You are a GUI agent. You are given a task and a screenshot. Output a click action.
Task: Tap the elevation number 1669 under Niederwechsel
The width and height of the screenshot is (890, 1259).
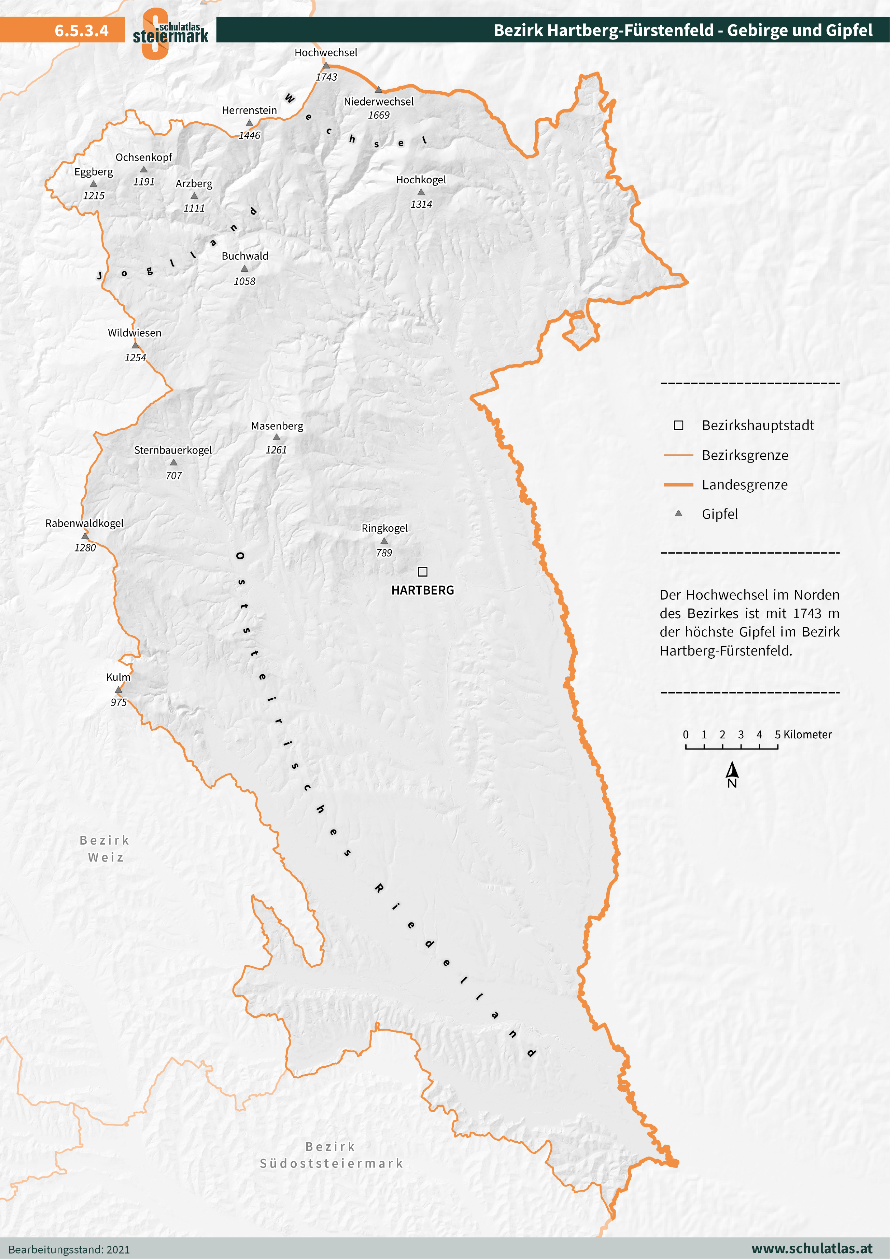(x=378, y=115)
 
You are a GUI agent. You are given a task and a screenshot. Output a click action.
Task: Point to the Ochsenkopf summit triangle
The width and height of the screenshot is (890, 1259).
(x=144, y=169)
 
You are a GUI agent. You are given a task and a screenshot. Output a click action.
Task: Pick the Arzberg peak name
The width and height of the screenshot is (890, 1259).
(x=194, y=184)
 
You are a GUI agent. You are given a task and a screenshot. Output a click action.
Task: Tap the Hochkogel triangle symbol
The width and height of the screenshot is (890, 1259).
(x=421, y=192)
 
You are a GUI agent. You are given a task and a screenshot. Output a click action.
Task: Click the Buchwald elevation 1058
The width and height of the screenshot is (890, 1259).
(x=245, y=281)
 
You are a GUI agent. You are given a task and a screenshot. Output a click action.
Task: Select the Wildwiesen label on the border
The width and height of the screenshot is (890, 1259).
(x=135, y=333)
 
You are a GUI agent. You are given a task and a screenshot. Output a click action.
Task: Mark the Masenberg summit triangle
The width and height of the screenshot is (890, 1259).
(x=276, y=437)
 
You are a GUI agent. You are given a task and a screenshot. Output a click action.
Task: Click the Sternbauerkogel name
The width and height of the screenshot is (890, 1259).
(x=173, y=450)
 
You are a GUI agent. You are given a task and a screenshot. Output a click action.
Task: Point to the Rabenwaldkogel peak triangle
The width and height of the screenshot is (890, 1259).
(x=85, y=536)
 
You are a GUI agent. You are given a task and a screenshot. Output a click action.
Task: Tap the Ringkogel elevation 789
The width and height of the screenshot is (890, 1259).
(x=384, y=553)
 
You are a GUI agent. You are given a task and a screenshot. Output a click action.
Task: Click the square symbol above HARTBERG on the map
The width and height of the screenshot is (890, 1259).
(x=422, y=571)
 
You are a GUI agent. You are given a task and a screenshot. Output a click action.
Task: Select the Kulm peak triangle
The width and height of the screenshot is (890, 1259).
(x=118, y=690)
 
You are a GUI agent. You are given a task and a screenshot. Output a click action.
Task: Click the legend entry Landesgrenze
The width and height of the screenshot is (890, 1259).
(x=744, y=485)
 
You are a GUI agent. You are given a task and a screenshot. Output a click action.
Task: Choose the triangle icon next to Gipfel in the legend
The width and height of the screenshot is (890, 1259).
(x=678, y=513)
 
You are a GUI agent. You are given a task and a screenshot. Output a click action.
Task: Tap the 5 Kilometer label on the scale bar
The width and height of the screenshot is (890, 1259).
(x=803, y=734)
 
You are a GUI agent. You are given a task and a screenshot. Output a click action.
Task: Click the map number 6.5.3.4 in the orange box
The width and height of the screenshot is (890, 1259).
(x=81, y=30)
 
